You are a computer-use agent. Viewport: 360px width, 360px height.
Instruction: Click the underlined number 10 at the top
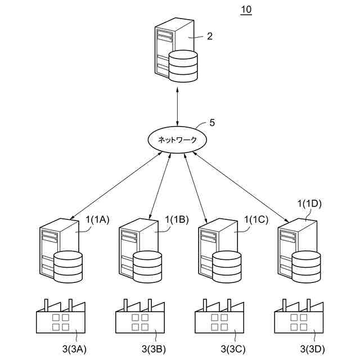[x=246, y=10]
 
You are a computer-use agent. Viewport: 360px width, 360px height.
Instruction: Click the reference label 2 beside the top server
[x=210, y=37]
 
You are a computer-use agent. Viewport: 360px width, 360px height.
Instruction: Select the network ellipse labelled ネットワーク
[x=177, y=139]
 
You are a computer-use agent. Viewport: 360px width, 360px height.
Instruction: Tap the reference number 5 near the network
[x=212, y=122]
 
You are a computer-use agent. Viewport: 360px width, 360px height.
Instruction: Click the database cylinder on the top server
[x=183, y=66]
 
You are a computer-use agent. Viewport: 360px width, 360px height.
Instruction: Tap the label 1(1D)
[x=309, y=204]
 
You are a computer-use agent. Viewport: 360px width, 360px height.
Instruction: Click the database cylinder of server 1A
[x=68, y=266]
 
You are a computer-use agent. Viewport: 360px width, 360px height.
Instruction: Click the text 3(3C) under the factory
[x=233, y=349]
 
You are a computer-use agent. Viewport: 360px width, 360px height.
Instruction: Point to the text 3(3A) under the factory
[x=74, y=349]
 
